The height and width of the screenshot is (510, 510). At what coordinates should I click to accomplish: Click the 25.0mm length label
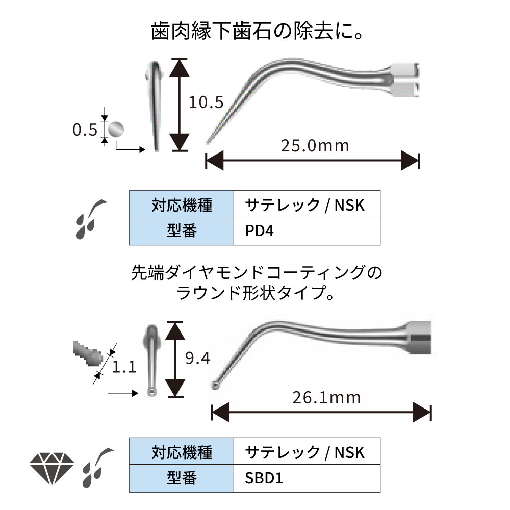pyautogui.click(x=315, y=146)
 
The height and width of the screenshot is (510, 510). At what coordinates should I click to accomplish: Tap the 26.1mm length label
pyautogui.click(x=326, y=397)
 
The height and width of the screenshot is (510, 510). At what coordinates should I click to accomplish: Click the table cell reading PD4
pyautogui.click(x=306, y=231)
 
